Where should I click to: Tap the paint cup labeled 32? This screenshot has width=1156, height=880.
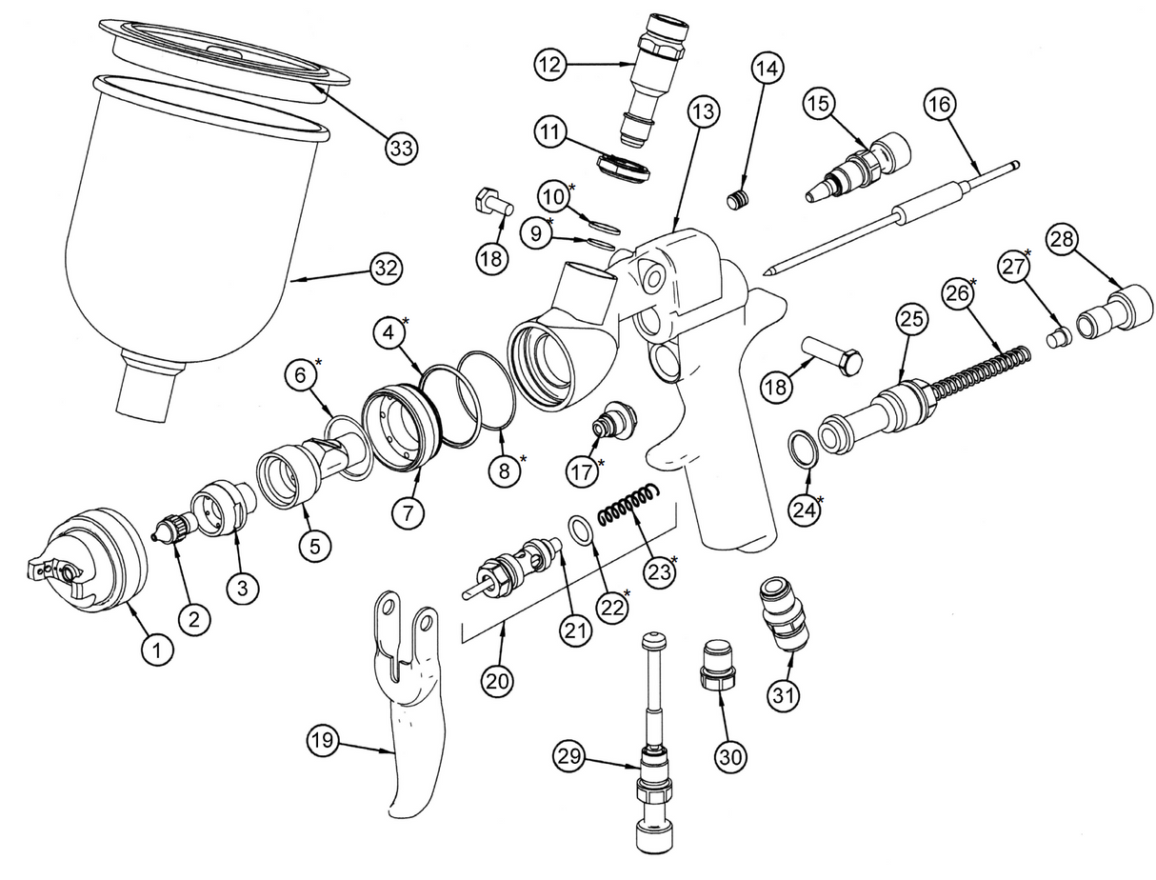tap(190, 238)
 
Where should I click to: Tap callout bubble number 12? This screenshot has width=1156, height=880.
tap(551, 65)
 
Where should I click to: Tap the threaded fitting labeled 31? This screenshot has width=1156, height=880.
tap(785, 614)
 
